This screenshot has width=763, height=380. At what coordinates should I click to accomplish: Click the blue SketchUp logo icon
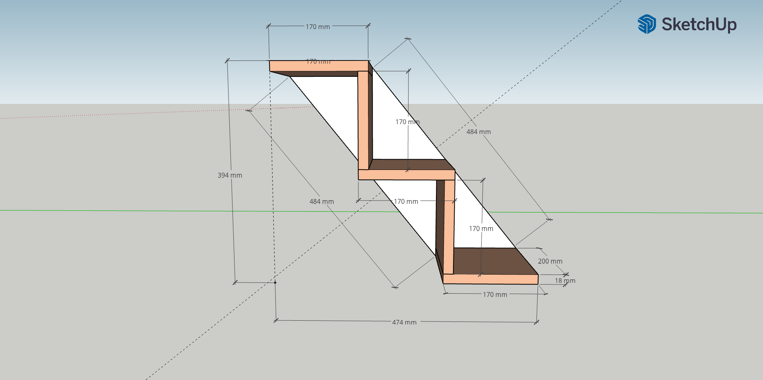647,24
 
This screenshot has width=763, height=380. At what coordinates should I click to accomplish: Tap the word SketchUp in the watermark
699,25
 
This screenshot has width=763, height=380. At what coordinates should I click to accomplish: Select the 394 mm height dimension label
230,175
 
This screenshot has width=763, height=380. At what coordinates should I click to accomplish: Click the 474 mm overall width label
404,322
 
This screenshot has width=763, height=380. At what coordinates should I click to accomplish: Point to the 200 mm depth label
550,261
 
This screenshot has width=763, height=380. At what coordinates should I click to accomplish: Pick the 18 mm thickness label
565,281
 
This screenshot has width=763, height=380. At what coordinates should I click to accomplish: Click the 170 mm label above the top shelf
318,27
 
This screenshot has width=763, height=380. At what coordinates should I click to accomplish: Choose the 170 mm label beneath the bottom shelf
495,294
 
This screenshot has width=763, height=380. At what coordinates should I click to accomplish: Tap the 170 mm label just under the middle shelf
406,201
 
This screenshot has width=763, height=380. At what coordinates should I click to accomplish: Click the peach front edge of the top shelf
318,66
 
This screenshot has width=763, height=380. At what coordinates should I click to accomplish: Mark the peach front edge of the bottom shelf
490,279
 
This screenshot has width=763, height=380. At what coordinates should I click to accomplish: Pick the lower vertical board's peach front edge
449,227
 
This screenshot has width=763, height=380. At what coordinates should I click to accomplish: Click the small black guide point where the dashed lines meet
275,283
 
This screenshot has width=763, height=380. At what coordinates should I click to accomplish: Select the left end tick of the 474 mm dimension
276,320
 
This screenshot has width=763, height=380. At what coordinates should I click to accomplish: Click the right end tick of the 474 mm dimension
536,322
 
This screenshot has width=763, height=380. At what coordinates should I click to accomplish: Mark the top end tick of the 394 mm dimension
227,60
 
